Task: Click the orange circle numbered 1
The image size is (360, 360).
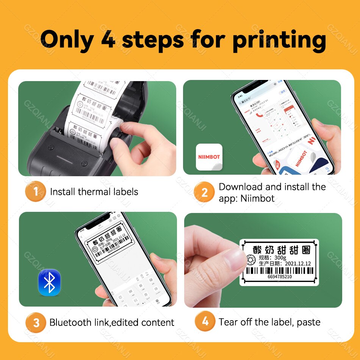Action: coord(36,192)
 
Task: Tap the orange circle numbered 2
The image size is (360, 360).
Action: coord(205,192)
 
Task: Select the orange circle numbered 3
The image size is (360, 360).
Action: coord(36,322)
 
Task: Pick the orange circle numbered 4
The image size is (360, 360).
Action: coord(205,322)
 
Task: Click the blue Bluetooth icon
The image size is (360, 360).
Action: coord(49,282)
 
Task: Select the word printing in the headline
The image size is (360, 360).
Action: coord(279,41)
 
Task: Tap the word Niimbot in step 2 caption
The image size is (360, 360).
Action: coord(257,198)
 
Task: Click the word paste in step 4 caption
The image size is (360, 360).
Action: coord(308,322)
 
